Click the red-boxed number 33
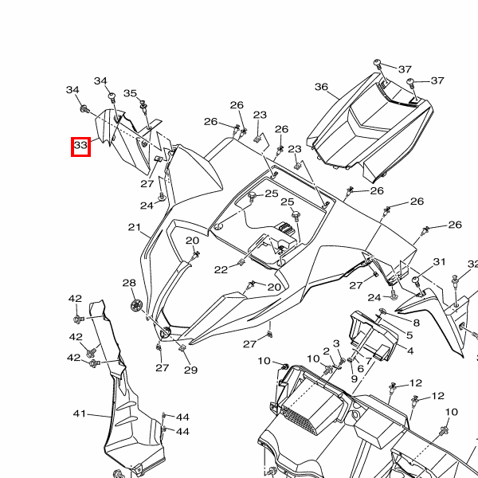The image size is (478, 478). click(80, 146)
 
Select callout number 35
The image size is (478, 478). click(131, 93)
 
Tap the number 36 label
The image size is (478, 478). click(321, 87)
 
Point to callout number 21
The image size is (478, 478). click(134, 228)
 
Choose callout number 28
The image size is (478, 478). click(129, 284)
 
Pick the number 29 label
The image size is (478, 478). click(190, 370)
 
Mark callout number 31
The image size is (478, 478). click(439, 262)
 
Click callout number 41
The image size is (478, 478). click(79, 414)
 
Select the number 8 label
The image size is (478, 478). click(416, 314)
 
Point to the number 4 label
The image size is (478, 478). click(409, 351)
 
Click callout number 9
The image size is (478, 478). click(354, 379)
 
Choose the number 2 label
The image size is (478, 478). click(326, 351)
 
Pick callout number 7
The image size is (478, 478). click(369, 361)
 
